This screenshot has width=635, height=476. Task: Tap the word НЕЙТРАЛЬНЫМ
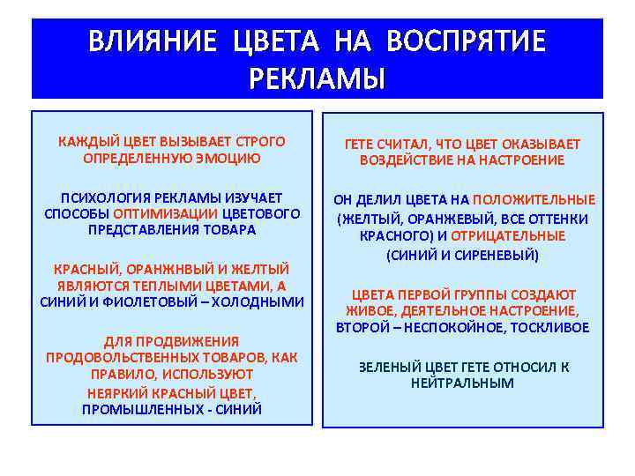tap(462, 383)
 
